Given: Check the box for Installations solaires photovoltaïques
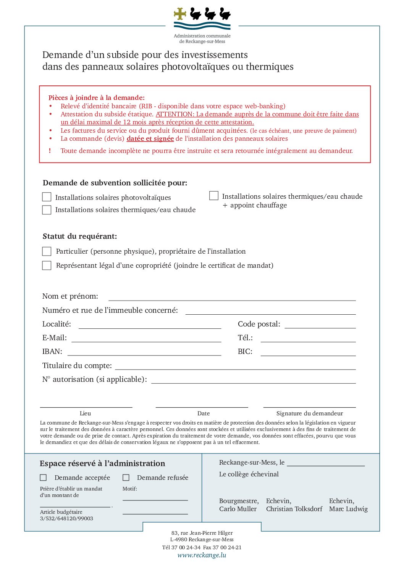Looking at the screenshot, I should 47,197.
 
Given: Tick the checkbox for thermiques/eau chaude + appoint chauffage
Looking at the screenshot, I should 214,196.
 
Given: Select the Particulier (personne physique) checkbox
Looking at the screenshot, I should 47,251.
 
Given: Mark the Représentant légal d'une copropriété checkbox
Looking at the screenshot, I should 47,265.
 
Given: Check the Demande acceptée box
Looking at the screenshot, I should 44,478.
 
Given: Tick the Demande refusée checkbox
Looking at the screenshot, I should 126,478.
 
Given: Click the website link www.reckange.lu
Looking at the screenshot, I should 202,555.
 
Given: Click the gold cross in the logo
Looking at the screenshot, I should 180,14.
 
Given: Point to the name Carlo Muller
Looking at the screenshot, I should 238,509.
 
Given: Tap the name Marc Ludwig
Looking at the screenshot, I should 348,509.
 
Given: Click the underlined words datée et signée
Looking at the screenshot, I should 150,139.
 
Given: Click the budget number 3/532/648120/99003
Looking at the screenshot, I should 66,518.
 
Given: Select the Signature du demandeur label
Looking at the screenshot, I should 309,413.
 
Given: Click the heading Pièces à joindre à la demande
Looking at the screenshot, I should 96,98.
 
